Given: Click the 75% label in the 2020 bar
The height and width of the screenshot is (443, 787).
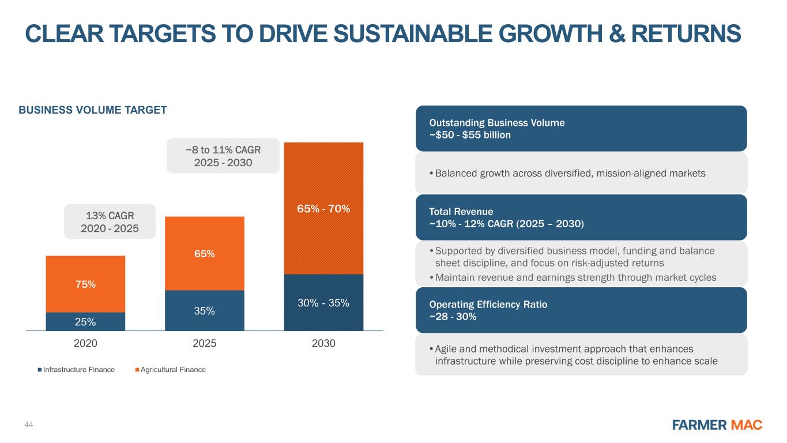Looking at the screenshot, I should (x=85, y=284).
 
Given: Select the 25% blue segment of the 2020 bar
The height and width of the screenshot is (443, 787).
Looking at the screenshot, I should (x=85, y=321).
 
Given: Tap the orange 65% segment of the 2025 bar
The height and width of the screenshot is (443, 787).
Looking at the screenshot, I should (x=205, y=253).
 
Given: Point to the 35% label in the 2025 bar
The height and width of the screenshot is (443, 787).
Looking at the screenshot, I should (x=205, y=311).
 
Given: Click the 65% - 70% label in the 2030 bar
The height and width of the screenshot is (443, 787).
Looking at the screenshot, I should (x=323, y=209).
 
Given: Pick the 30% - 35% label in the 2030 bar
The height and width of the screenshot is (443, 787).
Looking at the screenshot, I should (x=323, y=303).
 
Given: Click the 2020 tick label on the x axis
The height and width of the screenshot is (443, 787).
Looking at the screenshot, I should (x=85, y=343).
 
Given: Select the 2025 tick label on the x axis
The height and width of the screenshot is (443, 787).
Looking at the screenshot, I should (x=205, y=343).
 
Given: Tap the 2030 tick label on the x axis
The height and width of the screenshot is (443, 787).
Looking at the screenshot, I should (x=323, y=343).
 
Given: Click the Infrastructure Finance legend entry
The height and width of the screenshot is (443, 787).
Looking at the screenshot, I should (x=76, y=370).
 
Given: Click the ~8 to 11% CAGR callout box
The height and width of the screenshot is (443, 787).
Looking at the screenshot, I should (x=223, y=156).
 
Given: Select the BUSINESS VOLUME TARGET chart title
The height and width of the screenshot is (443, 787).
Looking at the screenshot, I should (x=93, y=110).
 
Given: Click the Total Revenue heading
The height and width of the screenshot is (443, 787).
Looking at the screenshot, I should (x=461, y=211).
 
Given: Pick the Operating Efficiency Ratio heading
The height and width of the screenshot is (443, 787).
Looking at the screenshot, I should (x=488, y=305).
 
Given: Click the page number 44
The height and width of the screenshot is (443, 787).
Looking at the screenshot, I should (x=29, y=425).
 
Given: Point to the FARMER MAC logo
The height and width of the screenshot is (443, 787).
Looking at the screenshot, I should (x=717, y=425).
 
